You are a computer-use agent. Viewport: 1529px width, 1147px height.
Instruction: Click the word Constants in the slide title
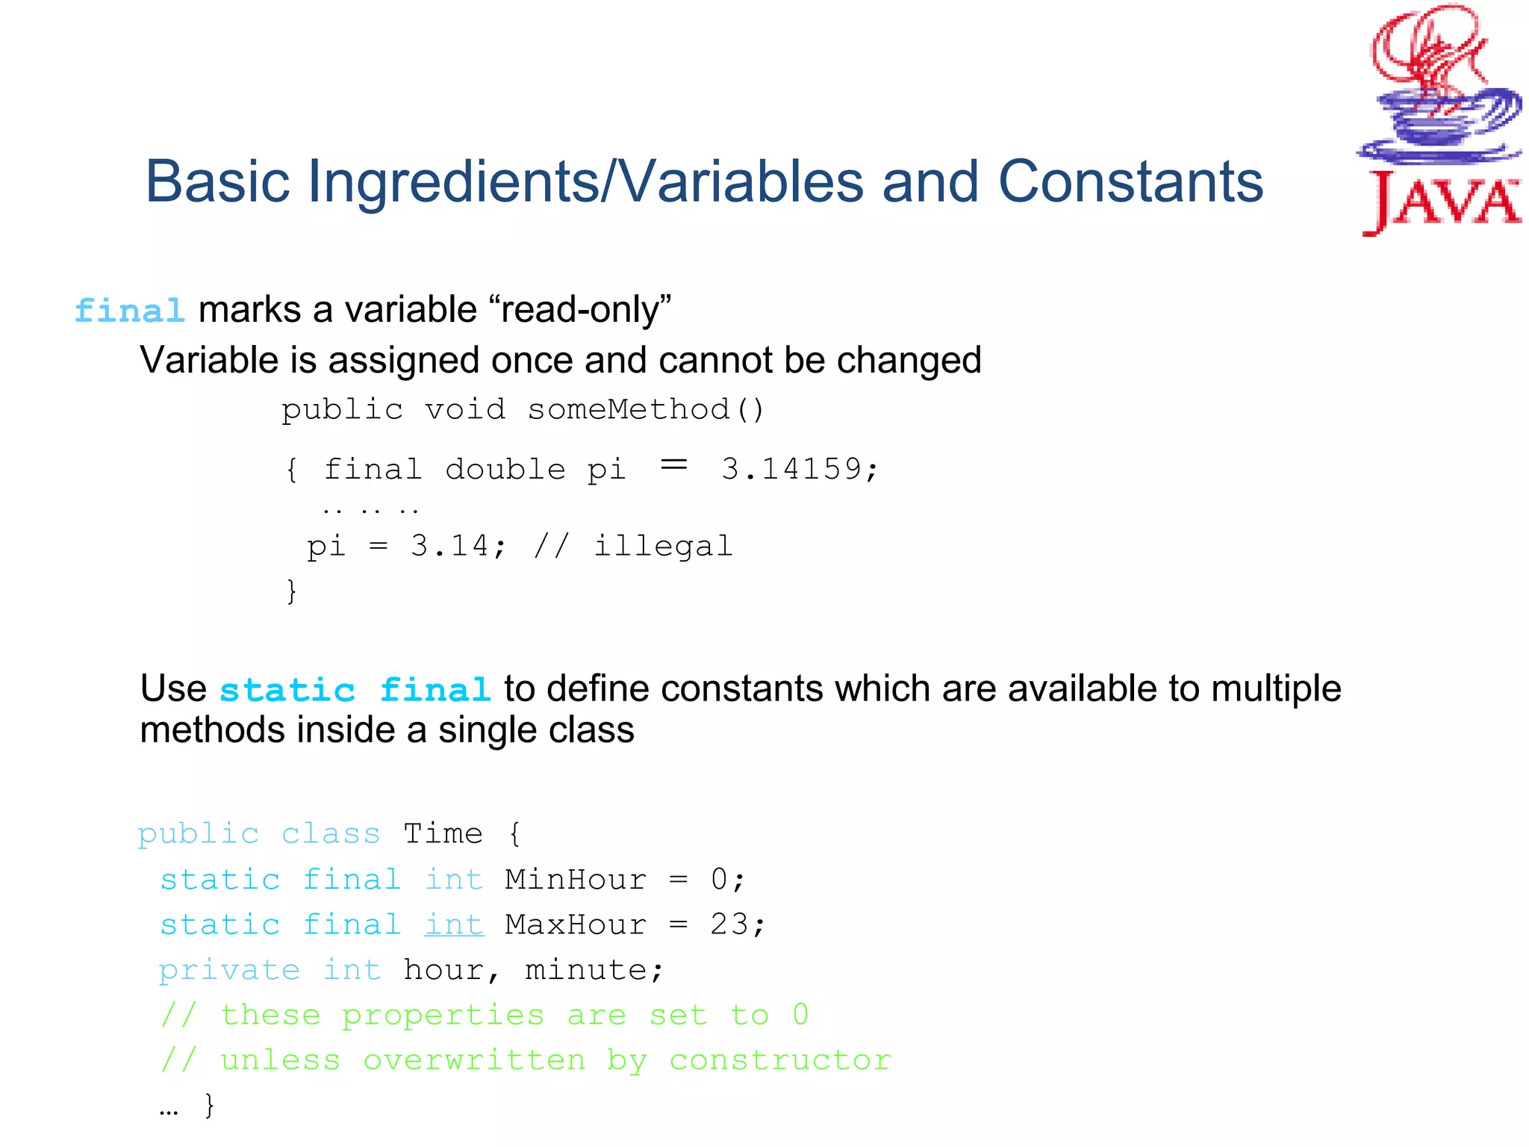pos(1130,181)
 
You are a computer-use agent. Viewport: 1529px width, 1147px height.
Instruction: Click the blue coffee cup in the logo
pos(1439,119)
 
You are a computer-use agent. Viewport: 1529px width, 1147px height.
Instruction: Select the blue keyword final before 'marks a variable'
pos(130,311)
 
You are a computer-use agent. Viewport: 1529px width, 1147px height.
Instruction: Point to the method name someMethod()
pos(646,409)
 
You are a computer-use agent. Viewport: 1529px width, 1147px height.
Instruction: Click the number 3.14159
pos(791,469)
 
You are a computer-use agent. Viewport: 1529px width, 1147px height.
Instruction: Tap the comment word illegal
pos(663,546)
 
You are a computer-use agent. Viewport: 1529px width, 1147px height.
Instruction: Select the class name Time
pos(443,833)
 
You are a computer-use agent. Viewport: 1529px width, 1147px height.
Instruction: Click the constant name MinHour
pos(576,880)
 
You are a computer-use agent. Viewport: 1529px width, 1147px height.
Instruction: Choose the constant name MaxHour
pos(576,925)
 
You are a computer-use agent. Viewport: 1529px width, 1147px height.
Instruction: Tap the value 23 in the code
pos(729,925)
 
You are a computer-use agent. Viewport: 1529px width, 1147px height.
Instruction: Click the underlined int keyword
pos(454,925)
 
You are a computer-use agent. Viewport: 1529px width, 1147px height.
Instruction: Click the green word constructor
pos(780,1060)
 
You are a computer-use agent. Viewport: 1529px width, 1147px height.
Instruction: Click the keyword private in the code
pos(229,970)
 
